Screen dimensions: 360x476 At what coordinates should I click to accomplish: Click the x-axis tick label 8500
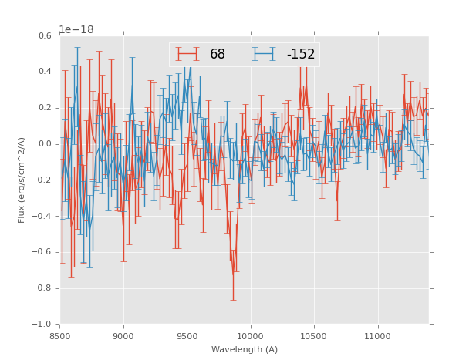pyautogui.click(x=60, y=336)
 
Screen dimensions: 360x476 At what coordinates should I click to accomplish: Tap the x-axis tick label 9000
pyautogui.click(x=123, y=336)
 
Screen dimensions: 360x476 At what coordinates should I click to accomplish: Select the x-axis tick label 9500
pyautogui.click(x=187, y=336)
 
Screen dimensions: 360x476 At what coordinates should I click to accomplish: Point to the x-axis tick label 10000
pyautogui.click(x=251, y=336)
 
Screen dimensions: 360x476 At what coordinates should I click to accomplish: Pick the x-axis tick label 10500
pyautogui.click(x=314, y=336)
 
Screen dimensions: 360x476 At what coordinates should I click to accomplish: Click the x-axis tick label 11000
pyautogui.click(x=377, y=336)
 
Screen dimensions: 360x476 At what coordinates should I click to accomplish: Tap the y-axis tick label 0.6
pyautogui.click(x=45, y=35)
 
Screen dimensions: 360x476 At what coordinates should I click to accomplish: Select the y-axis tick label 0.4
pyautogui.click(x=45, y=72)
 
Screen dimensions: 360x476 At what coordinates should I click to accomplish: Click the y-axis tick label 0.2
pyautogui.click(x=45, y=108)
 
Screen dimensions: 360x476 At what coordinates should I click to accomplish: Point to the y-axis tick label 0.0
pyautogui.click(x=45, y=144)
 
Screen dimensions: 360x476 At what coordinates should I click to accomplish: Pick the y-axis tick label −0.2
pyautogui.click(x=42, y=180)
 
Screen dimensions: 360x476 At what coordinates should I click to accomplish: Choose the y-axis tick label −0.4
pyautogui.click(x=42, y=217)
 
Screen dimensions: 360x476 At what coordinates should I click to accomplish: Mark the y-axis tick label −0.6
pyautogui.click(x=42, y=252)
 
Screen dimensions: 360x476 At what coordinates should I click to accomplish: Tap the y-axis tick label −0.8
pyautogui.click(x=42, y=288)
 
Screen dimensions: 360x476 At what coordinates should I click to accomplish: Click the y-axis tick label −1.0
pyautogui.click(x=42, y=325)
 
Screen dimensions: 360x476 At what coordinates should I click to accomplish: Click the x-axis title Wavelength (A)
pyautogui.click(x=245, y=350)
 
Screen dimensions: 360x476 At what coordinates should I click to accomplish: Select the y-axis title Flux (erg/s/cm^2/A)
pyautogui.click(x=22, y=180)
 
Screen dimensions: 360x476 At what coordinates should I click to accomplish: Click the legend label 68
pyautogui.click(x=218, y=54)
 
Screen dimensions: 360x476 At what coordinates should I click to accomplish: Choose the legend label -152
pyautogui.click(x=301, y=54)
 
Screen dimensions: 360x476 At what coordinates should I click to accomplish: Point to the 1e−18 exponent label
pyautogui.click(x=76, y=29)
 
